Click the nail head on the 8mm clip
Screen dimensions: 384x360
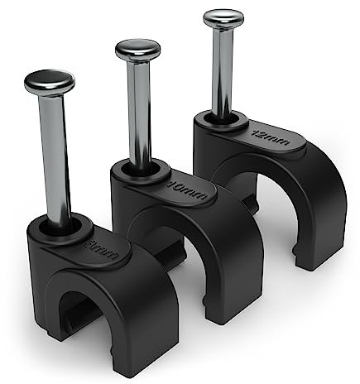(49, 82)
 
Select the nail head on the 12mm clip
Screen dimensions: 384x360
(223, 17)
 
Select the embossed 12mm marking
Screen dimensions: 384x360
(272, 138)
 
